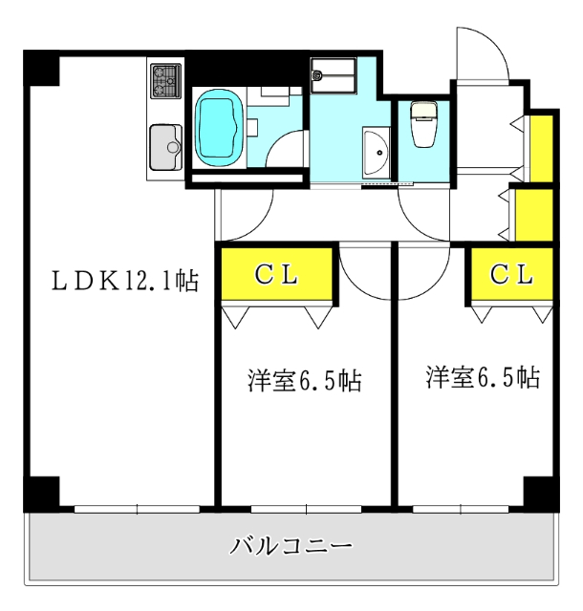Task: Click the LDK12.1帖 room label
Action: click(x=124, y=281)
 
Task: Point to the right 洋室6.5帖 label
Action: click(x=483, y=377)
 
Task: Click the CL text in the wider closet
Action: click(x=277, y=274)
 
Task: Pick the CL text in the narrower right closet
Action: click(x=511, y=274)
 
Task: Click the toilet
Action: click(x=421, y=124)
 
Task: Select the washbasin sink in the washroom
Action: click(x=376, y=152)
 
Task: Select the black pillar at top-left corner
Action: click(x=40, y=68)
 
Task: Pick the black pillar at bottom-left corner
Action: click(x=40, y=492)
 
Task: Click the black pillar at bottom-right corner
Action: click(x=540, y=492)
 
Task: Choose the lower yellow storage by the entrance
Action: click(x=534, y=216)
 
